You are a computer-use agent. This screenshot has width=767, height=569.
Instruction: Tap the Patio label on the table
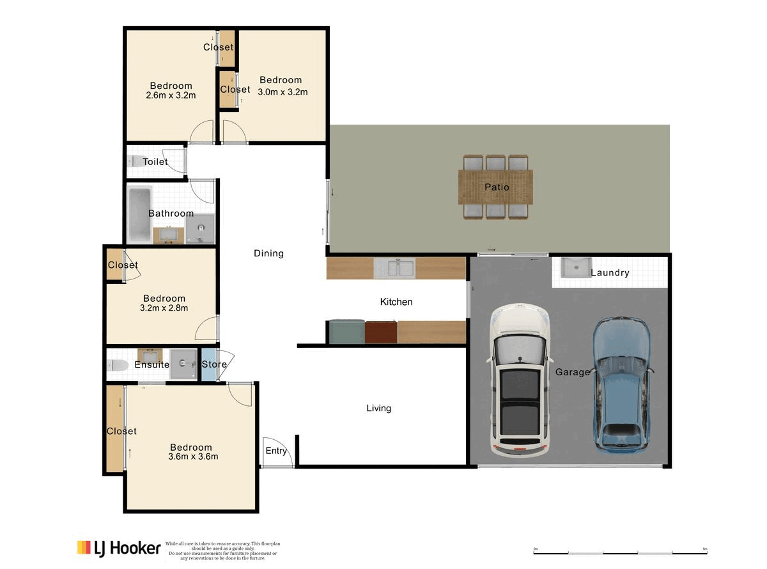point(497,187)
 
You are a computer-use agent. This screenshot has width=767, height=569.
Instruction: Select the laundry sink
point(577,267)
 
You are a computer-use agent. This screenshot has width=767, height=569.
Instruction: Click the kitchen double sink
point(394,269)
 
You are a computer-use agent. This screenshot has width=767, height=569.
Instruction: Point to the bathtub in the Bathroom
point(139,214)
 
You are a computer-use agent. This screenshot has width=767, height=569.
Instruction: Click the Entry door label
point(276,451)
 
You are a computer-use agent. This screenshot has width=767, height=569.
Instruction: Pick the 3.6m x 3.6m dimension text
point(193,456)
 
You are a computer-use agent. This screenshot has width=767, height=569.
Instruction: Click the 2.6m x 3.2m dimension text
point(171,95)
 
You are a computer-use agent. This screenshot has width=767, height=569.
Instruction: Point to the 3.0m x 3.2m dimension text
point(283,91)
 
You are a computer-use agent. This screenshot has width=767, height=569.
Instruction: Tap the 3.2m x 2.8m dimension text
point(164,308)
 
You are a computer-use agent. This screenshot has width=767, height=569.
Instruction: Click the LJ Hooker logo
point(118,548)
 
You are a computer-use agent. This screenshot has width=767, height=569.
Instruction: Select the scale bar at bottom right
point(620,550)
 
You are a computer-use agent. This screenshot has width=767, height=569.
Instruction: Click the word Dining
point(268,253)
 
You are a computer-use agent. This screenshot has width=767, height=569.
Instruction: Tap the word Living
point(378,408)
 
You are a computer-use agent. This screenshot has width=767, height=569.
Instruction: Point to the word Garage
point(572,372)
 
